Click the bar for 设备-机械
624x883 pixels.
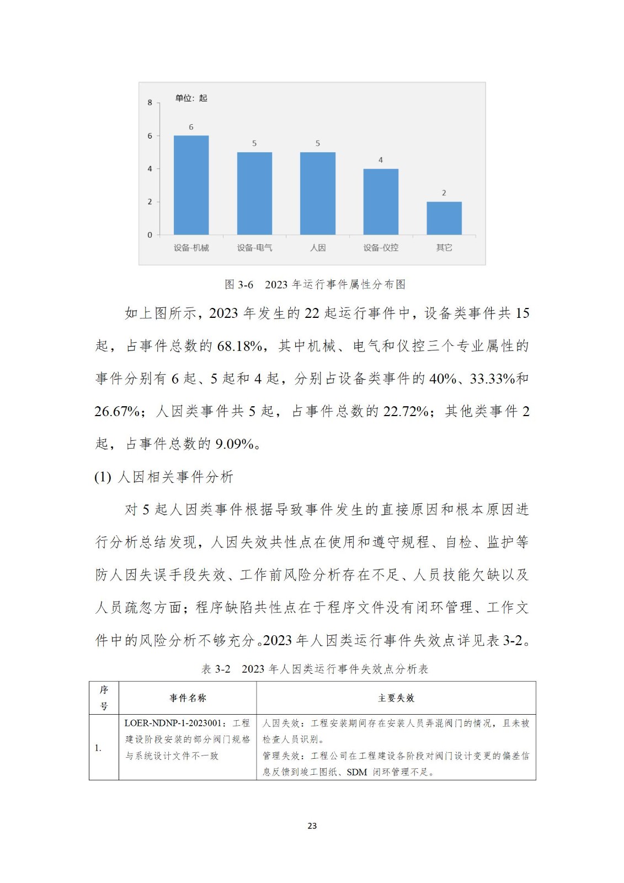(191, 185)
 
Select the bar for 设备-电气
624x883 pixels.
(254, 193)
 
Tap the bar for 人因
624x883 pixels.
(317, 193)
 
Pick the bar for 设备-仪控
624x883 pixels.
(381, 201)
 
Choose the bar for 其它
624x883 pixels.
(444, 218)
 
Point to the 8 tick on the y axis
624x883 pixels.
(150, 103)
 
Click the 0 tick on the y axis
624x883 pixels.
(150, 235)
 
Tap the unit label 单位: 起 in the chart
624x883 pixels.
(191, 98)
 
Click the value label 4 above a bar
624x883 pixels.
(381, 160)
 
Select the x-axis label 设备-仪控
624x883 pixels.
(381, 248)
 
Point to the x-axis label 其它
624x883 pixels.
(444, 248)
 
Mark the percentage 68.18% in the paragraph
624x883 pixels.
(239, 346)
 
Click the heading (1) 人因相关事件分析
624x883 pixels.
(164, 477)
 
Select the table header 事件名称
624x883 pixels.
(188, 698)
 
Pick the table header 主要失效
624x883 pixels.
(396, 698)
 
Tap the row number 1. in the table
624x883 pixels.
(98, 748)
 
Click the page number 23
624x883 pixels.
(312, 826)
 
